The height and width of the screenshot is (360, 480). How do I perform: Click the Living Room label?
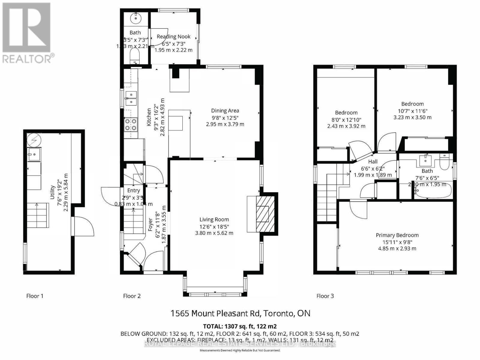214,220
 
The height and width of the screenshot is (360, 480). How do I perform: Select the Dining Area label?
225,111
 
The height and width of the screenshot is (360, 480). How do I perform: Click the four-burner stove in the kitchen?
131,124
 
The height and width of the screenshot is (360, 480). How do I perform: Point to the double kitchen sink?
131,98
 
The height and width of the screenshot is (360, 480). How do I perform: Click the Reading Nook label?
174,37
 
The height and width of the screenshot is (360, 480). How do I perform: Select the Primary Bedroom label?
397,235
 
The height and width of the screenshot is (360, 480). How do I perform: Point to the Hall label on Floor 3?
373,162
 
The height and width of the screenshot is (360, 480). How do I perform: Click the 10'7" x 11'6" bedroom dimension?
412,111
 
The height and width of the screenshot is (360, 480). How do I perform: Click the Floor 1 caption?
35,296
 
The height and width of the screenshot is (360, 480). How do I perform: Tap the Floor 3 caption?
325,296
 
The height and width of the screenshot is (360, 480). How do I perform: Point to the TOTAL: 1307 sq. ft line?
240,326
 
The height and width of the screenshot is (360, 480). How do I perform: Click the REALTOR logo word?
27,59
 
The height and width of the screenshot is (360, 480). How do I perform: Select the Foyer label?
151,224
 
